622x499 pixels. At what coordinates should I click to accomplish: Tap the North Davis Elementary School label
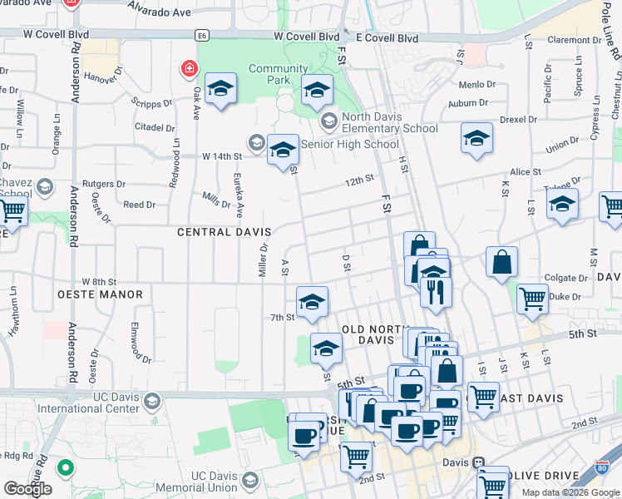coord(388,122)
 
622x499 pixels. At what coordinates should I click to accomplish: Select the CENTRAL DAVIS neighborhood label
coord(225,232)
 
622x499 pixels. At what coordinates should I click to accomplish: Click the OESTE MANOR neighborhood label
coord(100,294)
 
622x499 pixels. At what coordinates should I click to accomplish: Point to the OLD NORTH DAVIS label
coord(371,334)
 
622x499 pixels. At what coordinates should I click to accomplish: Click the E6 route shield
coord(201,37)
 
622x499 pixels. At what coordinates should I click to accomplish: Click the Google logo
coord(27,489)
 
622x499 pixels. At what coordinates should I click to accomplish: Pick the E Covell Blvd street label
coord(387,37)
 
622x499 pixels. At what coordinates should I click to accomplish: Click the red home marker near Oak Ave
coord(190,67)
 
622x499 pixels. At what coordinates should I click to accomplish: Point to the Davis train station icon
coord(478,462)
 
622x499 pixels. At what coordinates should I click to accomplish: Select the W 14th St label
coord(221,156)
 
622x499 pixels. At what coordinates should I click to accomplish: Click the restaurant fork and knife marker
coord(436,290)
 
